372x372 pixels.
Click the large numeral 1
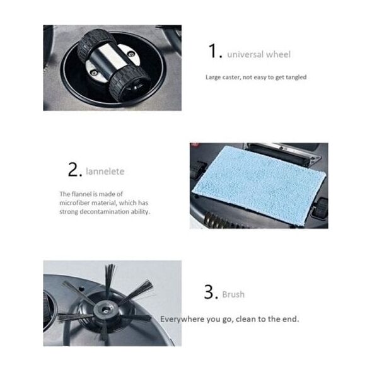[x=213, y=51]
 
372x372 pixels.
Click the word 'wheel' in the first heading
[x=279, y=54]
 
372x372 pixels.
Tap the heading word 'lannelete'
[x=105, y=171]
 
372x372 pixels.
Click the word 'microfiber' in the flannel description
[x=74, y=203]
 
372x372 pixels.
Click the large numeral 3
[x=209, y=292]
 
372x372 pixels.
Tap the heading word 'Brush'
[x=233, y=294]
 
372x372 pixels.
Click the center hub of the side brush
[x=105, y=309]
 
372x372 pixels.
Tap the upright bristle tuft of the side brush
[x=110, y=281]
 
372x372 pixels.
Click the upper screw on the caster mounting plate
[x=130, y=54]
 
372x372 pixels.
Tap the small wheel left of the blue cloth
[x=197, y=170]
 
